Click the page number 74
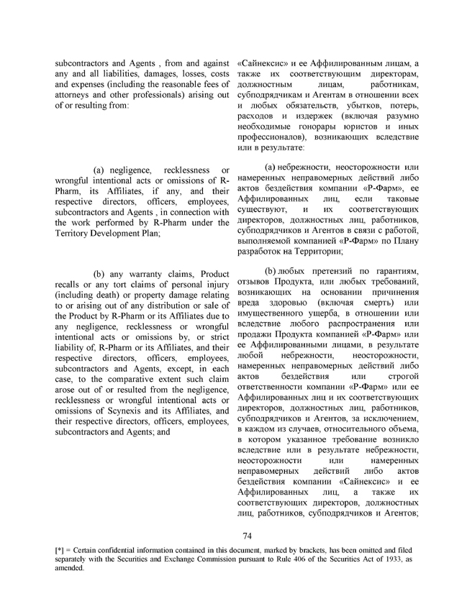pos(246,535)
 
